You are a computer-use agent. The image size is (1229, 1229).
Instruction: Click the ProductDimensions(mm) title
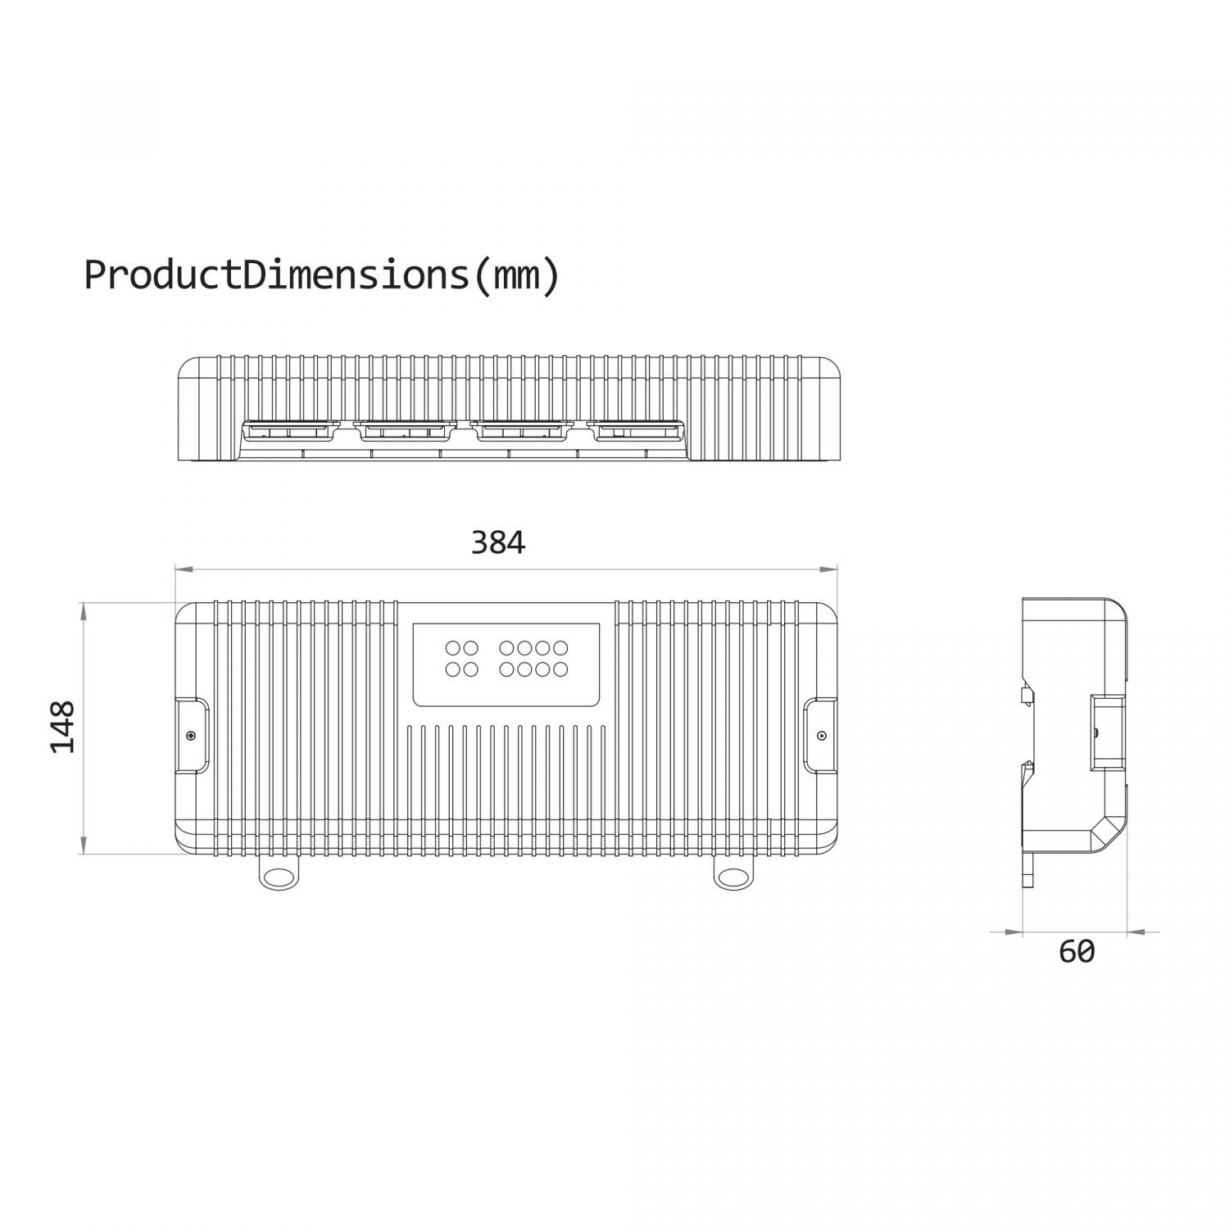pyautogui.click(x=322, y=275)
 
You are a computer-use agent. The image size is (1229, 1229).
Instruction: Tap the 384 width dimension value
pyautogui.click(x=498, y=542)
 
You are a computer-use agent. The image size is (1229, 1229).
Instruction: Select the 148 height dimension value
pyautogui.click(x=62, y=727)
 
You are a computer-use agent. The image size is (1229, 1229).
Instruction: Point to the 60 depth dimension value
pyautogui.click(x=1077, y=951)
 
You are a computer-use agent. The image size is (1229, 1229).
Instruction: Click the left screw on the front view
pyautogui.click(x=190, y=735)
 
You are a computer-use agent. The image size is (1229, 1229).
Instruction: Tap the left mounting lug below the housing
pyautogui.click(x=279, y=874)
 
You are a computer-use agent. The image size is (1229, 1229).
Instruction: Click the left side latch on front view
pyautogui.click(x=193, y=735)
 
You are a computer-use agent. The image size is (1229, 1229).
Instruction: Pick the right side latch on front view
pyautogui.click(x=820, y=735)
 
